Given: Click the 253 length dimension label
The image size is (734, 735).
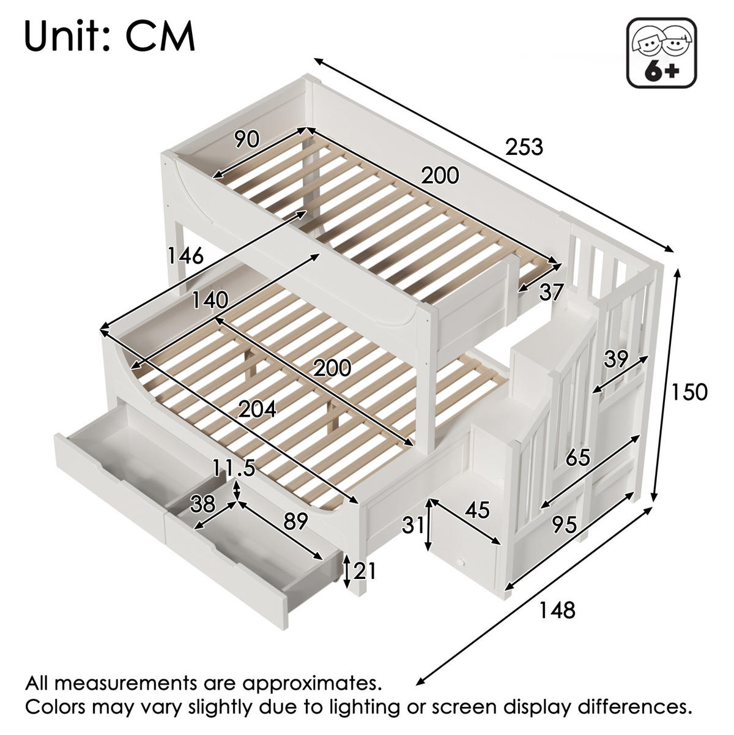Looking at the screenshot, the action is click(x=524, y=147).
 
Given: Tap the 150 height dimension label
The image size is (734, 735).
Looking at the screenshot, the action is click(x=689, y=392).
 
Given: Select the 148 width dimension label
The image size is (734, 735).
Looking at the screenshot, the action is click(x=557, y=610).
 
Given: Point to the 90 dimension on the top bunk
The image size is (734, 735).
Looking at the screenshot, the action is click(x=247, y=139).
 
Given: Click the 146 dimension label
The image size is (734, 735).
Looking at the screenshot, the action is click(x=186, y=255).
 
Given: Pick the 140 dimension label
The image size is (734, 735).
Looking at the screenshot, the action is click(x=210, y=300).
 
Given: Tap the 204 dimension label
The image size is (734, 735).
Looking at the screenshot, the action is click(x=257, y=409).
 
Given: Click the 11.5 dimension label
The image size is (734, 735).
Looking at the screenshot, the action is click(x=234, y=468).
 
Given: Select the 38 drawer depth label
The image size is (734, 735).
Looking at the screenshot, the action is click(x=203, y=504).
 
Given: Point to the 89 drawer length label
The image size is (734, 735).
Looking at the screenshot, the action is click(x=295, y=521).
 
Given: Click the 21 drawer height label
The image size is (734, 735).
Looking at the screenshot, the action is click(x=365, y=571).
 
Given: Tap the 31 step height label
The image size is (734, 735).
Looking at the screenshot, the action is click(x=413, y=525).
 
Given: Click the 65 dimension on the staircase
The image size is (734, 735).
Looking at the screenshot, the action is click(x=577, y=457).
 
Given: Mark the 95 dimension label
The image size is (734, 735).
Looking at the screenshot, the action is click(x=565, y=525).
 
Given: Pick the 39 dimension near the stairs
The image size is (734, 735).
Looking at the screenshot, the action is click(x=615, y=359).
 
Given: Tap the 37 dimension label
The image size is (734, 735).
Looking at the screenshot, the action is click(x=550, y=293).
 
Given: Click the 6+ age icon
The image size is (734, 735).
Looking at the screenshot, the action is click(x=662, y=53).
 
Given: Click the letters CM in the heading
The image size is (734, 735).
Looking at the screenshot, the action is click(x=160, y=37).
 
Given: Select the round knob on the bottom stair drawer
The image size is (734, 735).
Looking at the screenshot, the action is click(x=462, y=562).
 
